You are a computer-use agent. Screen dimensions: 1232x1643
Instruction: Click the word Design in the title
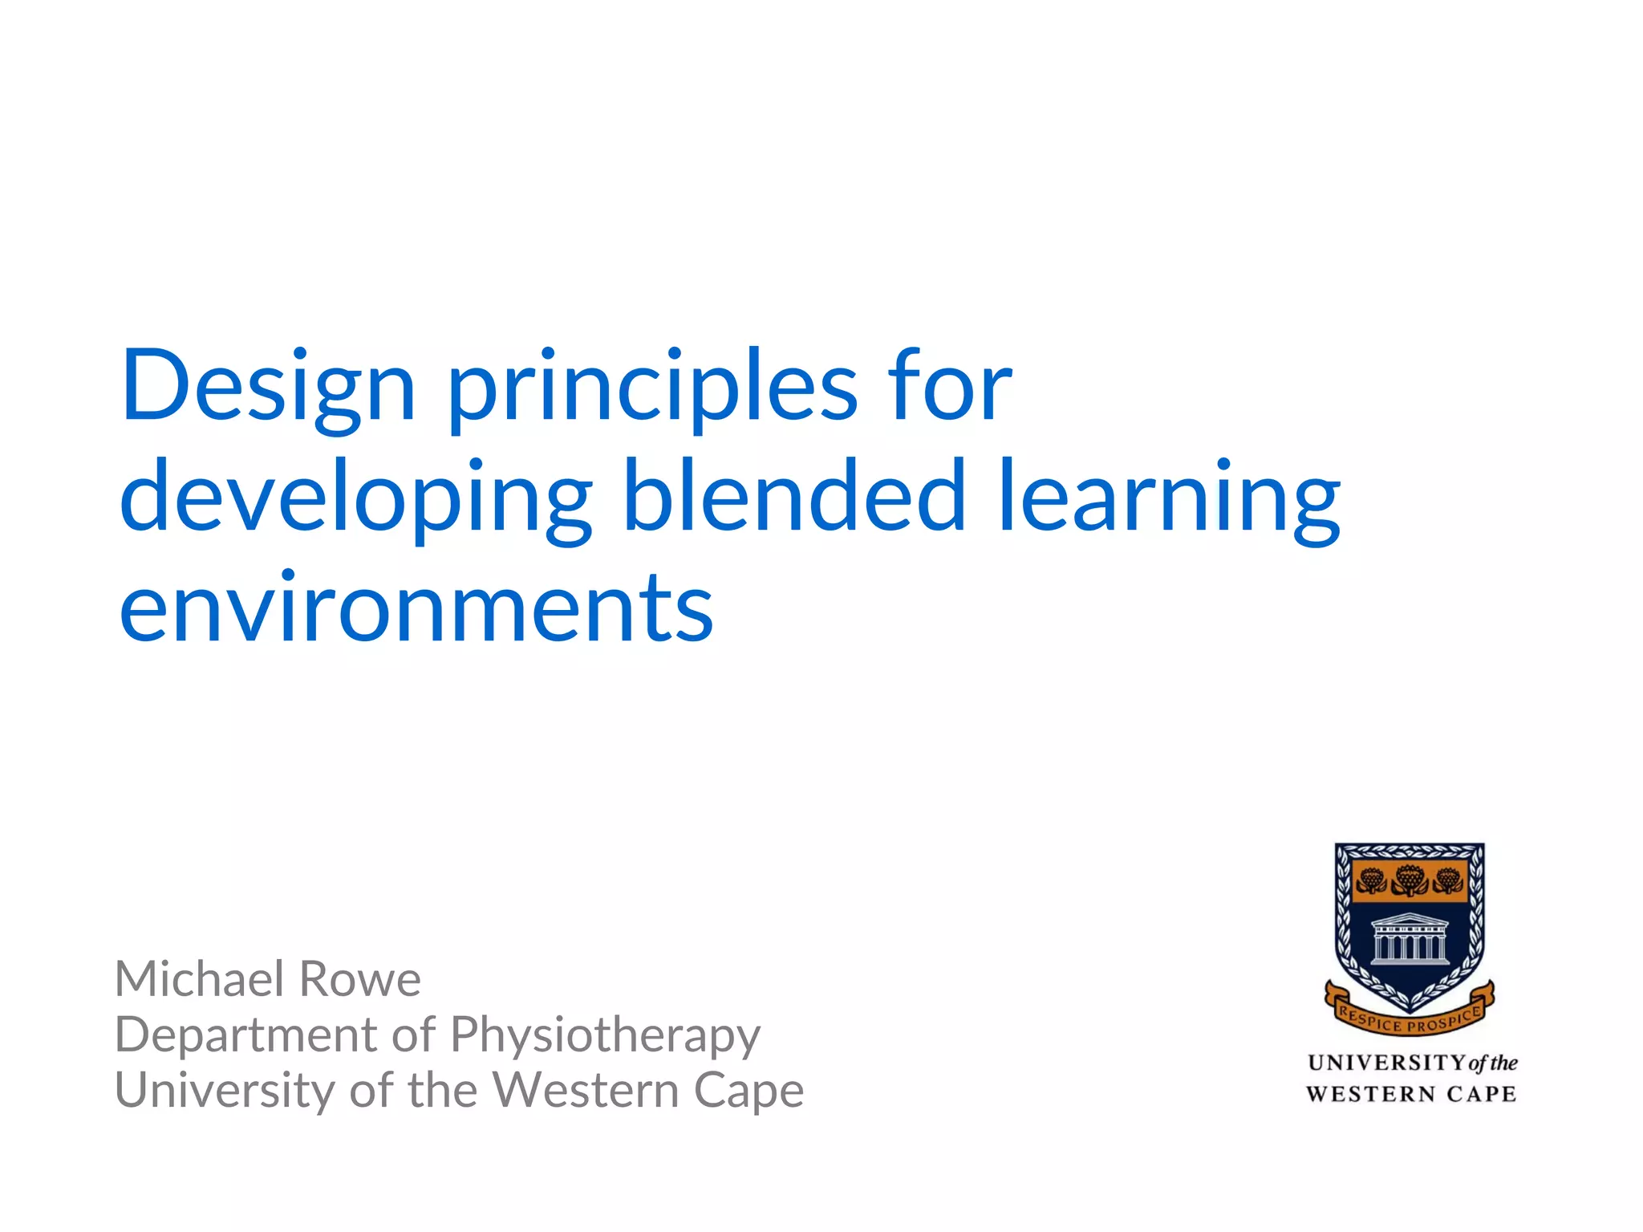coord(268,388)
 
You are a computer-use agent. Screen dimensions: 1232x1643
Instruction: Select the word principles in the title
coord(651,388)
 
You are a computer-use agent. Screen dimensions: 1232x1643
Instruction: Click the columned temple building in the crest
coord(1409,938)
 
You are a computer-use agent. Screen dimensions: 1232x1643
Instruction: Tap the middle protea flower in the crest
coord(1409,880)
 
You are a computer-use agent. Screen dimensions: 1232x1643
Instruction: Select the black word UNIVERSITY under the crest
coord(1386,1063)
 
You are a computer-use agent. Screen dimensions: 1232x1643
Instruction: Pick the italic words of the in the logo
coord(1492,1063)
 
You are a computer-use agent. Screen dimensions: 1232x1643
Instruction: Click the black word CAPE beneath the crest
coord(1481,1094)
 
